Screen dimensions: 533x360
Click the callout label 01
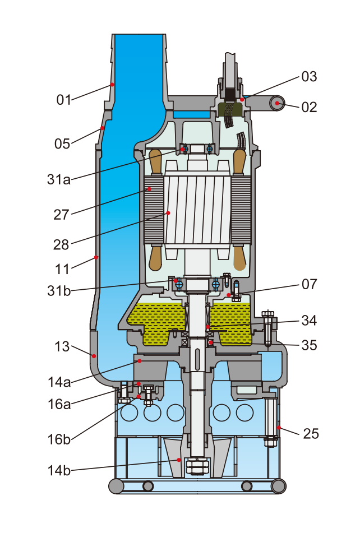pos(64,100)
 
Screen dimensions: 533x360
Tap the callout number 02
pos(310,106)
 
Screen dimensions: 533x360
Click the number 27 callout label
pos(61,213)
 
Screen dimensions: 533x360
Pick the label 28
pos(61,245)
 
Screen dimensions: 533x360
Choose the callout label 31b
pos(59,290)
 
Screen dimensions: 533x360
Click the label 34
pos(310,321)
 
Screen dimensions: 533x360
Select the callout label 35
pos(310,345)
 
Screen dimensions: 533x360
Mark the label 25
pos(312,433)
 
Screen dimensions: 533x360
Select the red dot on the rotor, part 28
pos(168,213)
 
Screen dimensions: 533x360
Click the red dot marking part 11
pos(96,257)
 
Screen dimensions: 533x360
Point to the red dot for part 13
pos(94,355)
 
